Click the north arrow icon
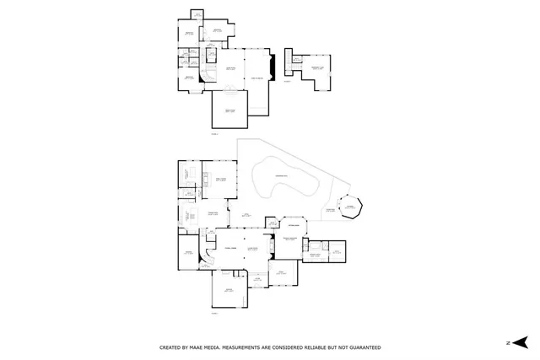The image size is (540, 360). [x=521, y=342]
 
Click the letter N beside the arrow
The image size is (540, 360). [x=508, y=343]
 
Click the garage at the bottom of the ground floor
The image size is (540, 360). [x=229, y=292]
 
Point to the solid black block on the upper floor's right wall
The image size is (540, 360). [x=270, y=67]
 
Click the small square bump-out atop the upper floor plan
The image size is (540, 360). [x=196, y=14]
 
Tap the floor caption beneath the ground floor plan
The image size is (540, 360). [x=214, y=313]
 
